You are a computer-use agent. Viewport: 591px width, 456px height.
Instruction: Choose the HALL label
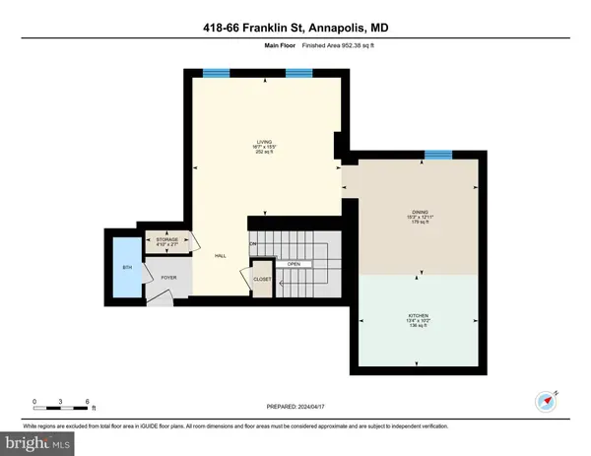pos(222,255)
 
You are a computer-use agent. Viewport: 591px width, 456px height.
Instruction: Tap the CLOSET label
pos(262,280)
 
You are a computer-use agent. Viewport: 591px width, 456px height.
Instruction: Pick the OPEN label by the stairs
pos(294,265)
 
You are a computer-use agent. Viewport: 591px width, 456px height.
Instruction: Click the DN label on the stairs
pos(253,243)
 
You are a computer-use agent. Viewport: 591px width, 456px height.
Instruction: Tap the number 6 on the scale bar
pos(89,401)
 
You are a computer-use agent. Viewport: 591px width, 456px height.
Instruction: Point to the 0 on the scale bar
pos(34,401)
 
